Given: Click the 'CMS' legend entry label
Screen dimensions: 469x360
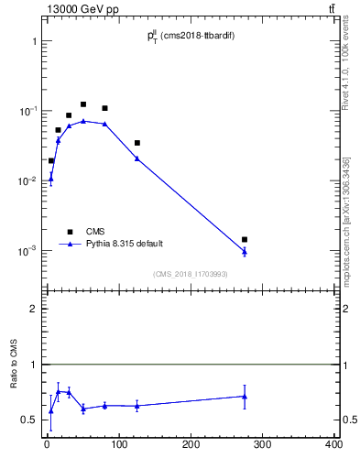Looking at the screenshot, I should [x=95, y=231].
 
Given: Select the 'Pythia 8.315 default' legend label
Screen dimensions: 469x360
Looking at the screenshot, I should [x=125, y=244].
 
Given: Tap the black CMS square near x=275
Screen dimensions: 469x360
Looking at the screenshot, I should [x=245, y=240].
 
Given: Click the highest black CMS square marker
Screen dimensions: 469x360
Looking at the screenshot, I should [x=83, y=104].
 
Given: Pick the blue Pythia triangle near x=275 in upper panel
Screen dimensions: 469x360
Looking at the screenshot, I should [x=245, y=252].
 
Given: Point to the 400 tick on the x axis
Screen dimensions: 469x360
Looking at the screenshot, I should [x=334, y=444].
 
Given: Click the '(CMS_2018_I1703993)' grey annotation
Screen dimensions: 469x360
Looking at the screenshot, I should [x=191, y=273].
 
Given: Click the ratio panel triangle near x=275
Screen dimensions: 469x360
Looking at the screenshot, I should [x=245, y=396].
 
